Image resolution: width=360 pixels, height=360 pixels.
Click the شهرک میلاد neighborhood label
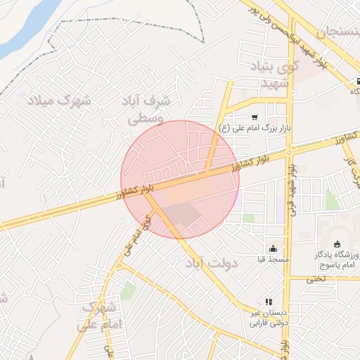59,100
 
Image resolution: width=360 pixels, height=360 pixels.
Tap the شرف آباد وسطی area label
149,110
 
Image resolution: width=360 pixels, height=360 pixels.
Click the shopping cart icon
254,117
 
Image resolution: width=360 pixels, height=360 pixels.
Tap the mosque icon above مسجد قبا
273,248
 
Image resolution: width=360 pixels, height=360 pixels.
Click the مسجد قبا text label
273,260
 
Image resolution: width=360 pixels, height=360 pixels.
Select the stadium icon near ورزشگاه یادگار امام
337,243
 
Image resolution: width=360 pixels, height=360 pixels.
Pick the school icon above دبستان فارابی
268,302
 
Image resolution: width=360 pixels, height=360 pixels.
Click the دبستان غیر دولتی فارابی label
269,318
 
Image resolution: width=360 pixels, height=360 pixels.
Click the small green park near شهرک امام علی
127,290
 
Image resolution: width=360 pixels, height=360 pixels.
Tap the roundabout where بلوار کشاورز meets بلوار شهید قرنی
289,150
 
